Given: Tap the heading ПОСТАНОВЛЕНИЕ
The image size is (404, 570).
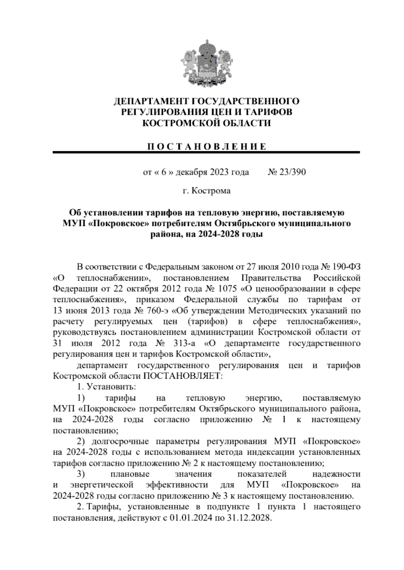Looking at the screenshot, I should point(206,147).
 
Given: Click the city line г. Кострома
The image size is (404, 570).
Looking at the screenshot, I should point(206,191).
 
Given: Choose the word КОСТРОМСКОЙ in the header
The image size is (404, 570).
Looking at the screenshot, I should point(180,123).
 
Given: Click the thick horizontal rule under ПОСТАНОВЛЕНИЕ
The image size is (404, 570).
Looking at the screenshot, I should point(206,153).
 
